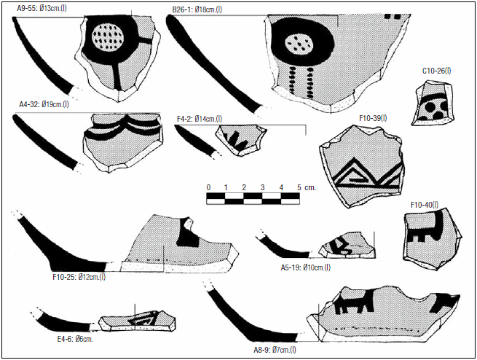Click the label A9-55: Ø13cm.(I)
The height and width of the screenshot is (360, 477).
click(42, 8)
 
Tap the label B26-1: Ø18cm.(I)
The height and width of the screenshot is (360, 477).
click(197, 9)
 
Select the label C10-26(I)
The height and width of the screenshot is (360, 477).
click(436, 71)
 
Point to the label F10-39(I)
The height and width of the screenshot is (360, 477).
click(373, 118)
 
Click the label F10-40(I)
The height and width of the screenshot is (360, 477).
click(425, 205)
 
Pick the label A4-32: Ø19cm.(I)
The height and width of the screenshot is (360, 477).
click(44, 104)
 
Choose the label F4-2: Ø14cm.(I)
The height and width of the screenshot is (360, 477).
click(200, 119)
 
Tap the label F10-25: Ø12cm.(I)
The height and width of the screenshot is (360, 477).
click(79, 277)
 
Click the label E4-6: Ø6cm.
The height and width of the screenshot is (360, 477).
click(75, 339)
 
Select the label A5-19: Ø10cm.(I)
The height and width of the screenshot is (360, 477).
click(305, 267)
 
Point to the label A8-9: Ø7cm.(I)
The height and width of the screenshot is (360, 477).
click(275, 350)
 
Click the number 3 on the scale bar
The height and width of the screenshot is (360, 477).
click(263, 187)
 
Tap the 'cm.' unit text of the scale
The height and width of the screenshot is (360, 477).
click(310, 188)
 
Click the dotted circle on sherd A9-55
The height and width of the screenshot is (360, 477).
click(108, 37)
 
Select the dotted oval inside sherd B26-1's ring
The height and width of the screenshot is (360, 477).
click(299, 44)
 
